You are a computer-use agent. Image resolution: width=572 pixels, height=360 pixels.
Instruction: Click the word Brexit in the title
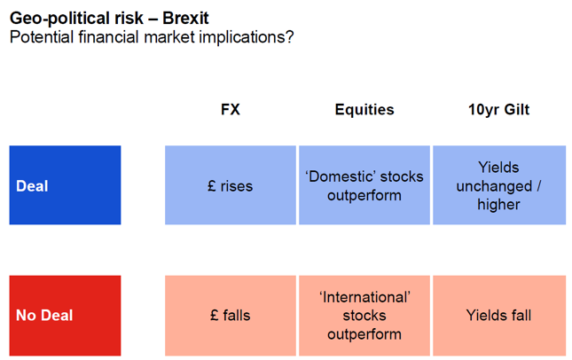185,18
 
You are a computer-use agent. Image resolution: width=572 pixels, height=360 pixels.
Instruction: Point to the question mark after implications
290,37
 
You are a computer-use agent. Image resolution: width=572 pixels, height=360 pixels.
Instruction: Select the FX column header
231,109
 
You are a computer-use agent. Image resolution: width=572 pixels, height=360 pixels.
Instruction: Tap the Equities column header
364,110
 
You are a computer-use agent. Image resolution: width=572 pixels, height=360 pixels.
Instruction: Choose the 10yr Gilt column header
498,109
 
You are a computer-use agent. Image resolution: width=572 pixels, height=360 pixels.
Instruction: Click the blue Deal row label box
66,185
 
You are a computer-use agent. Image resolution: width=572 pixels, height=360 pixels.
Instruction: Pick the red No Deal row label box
66,316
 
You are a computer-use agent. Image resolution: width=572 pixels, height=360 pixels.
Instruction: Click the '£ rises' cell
231,185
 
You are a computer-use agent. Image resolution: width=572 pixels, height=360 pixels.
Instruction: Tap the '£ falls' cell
231,316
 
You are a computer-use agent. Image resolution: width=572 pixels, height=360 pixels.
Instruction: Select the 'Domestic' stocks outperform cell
364,185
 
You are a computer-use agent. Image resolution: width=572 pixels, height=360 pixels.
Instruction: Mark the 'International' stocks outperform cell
364,316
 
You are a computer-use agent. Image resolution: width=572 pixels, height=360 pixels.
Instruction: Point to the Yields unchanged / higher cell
499,185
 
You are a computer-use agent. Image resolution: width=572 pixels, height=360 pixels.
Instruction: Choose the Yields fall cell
499,316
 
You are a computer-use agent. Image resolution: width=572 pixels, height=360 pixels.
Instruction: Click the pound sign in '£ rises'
212,185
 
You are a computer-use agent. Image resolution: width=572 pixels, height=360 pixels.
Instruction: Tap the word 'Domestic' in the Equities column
341,176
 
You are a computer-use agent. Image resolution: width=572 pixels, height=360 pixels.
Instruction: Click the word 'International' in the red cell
364,297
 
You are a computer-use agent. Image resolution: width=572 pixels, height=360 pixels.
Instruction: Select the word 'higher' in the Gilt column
498,205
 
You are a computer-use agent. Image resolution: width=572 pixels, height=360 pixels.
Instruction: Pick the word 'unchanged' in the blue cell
494,186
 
